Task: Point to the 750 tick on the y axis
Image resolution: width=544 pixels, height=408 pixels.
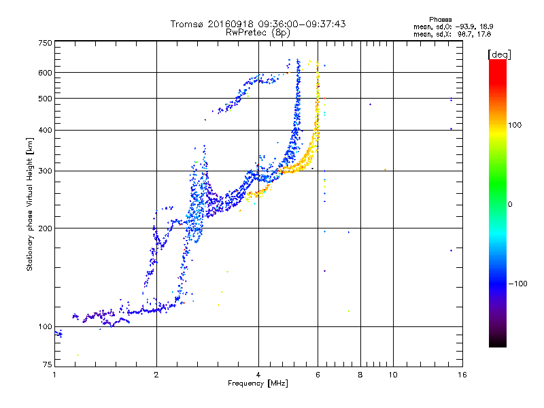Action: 46,43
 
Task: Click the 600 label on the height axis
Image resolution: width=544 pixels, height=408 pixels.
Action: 46,73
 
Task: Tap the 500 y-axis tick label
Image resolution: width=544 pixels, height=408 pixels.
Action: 46,99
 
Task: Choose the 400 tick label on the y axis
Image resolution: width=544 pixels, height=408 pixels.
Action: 46,130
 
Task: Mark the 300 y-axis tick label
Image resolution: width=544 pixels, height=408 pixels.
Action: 46,171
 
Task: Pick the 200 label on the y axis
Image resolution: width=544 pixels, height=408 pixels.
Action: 46,228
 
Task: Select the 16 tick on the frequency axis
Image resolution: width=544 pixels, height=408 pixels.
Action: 460,375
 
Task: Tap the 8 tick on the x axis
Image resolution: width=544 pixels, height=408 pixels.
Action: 360,375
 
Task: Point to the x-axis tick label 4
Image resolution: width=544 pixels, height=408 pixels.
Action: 258,375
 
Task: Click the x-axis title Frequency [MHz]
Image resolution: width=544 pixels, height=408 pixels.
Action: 258,384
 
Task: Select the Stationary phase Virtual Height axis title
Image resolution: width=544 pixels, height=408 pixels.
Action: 30,204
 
